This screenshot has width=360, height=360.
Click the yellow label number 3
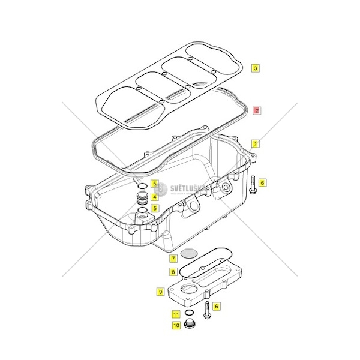255,68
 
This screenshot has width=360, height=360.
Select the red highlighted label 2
256,110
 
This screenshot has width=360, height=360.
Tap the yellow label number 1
255,144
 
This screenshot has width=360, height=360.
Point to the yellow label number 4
154,196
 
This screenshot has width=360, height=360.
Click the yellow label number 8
172,272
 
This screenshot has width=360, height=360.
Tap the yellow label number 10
176,326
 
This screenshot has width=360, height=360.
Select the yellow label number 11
176,314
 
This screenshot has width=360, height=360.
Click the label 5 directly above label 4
154,184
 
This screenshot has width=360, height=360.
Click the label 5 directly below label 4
154,208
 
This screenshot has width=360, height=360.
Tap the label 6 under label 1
262,183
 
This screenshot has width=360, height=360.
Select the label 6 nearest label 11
217,306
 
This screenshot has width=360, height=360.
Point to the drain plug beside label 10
190,325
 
